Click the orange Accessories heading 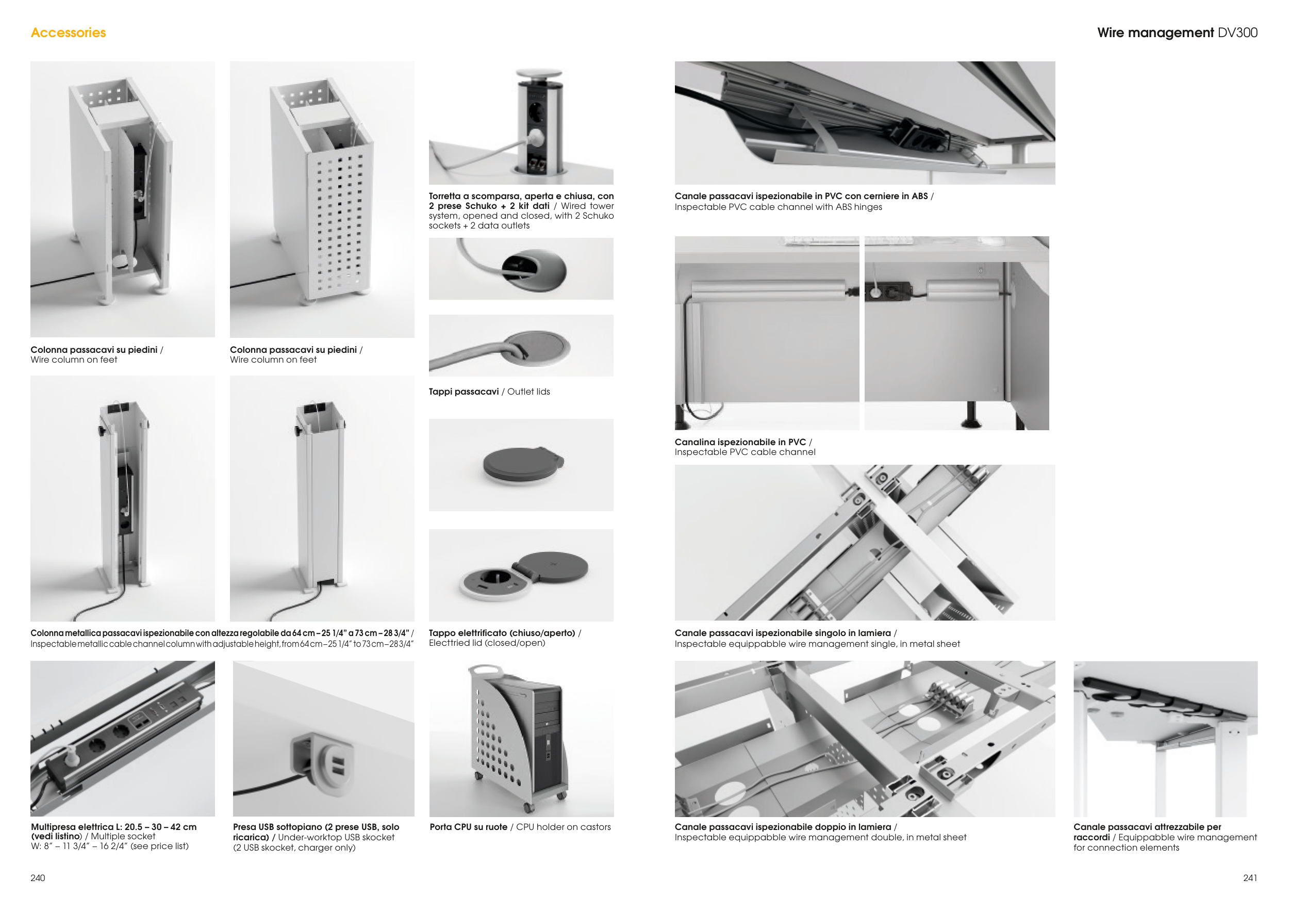(x=69, y=32)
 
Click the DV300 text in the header (x=1237, y=32)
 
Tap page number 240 (x=38, y=878)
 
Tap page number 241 (x=1250, y=878)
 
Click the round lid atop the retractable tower (x=539, y=74)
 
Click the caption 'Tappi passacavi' (x=464, y=392)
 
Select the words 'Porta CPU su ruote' (x=468, y=827)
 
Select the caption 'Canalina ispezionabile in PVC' (x=740, y=442)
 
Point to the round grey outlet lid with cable (x=537, y=348)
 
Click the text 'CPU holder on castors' (x=563, y=827)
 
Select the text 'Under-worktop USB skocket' (x=336, y=837)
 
